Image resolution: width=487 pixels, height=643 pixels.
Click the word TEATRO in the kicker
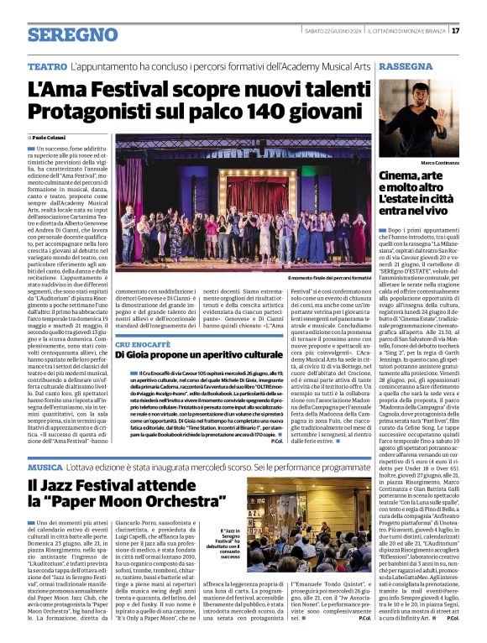tap(47, 65)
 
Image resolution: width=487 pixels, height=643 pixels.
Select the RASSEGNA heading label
tap(406, 65)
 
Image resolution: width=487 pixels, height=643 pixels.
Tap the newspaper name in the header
tap(411, 31)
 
